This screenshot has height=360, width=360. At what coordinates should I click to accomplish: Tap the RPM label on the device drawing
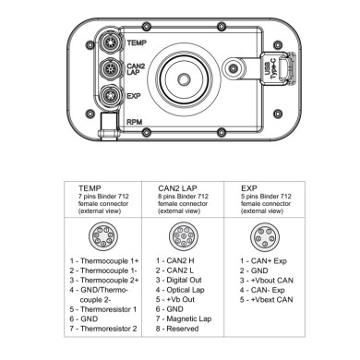click(135, 121)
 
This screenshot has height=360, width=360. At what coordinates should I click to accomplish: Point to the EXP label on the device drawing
click(133, 96)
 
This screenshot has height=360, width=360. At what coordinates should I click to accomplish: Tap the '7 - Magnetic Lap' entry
click(187, 318)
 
